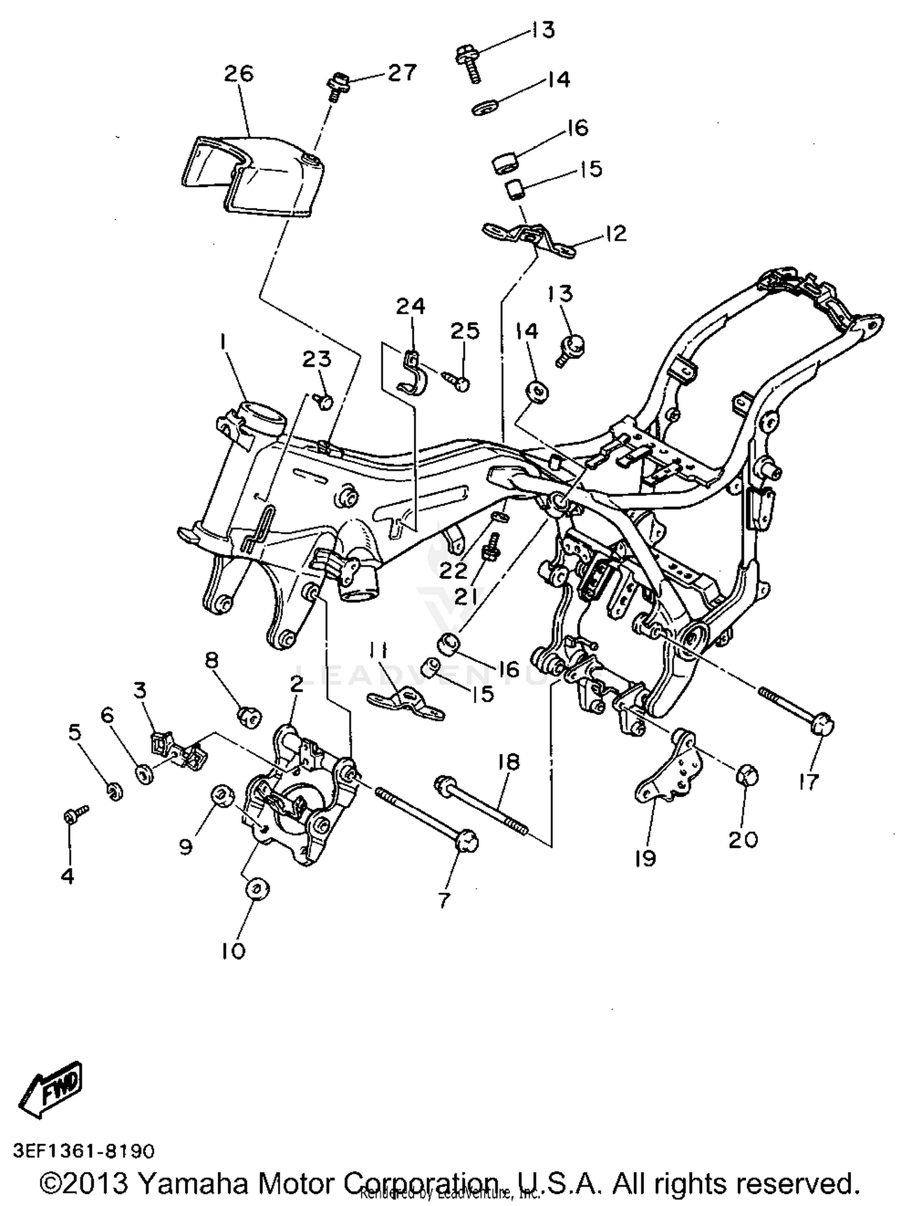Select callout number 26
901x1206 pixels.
[239, 74]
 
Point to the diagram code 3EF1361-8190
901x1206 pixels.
[84, 1151]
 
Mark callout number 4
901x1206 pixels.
[68, 876]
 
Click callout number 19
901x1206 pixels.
[645, 859]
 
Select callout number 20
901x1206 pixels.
[744, 839]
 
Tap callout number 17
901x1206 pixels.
[808, 782]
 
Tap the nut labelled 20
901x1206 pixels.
[747, 776]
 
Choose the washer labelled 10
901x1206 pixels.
[256, 889]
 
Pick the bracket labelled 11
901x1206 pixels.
[405, 703]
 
